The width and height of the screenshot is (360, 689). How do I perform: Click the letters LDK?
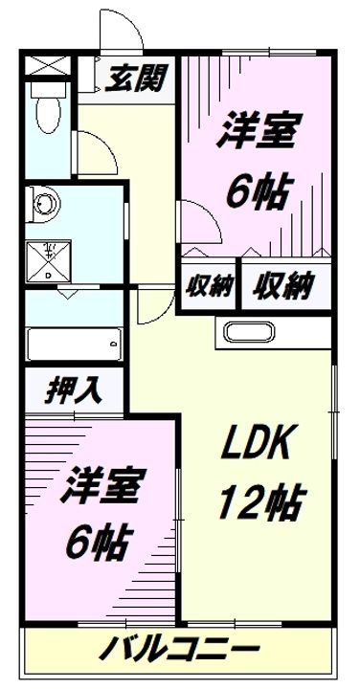pos(260,442)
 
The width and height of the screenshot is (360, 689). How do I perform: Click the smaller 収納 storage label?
pos(209,284)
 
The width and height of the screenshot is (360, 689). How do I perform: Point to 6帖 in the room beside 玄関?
pos(257,191)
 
